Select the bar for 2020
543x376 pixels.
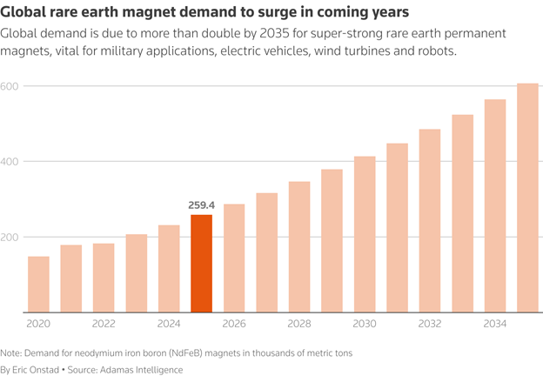pos(38,285)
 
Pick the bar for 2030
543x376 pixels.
pos(365,234)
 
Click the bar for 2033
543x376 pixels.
pos(462,213)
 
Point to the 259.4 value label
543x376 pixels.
pos(201,205)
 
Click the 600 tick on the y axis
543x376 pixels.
pos(10,87)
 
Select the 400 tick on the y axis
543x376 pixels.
pos(10,162)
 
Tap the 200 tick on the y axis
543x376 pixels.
pos(10,237)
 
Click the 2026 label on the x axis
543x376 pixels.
pos(234,323)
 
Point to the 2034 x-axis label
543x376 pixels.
pos(494,323)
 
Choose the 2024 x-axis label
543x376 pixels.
pos(169,323)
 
